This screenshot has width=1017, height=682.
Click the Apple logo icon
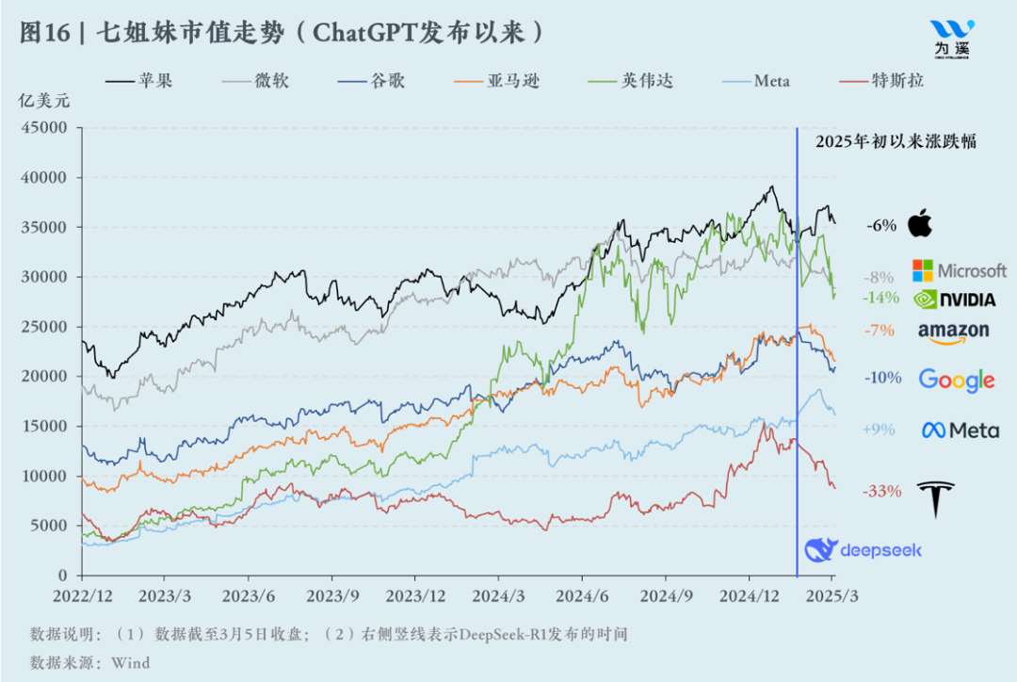tap(920, 224)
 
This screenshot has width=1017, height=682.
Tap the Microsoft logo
tap(959, 270)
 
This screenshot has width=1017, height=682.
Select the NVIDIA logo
tap(954, 300)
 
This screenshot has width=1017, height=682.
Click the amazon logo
tap(953, 331)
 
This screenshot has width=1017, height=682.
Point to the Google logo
tap(956, 380)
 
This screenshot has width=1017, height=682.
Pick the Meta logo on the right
tap(960, 430)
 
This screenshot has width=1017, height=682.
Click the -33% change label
tap(882, 491)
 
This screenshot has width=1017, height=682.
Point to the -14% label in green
tap(880, 297)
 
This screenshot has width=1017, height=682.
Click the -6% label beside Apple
tap(881, 225)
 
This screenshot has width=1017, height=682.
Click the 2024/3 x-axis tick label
tap(498, 596)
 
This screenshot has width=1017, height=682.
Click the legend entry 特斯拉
tap(897, 81)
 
